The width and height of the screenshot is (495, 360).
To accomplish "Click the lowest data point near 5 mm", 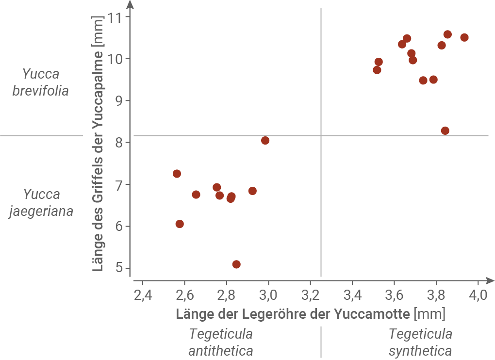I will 236,264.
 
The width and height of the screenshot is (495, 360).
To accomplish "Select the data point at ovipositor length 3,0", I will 265,141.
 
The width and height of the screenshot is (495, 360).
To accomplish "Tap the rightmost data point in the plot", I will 464,38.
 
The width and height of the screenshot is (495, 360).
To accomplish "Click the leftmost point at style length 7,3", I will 177,174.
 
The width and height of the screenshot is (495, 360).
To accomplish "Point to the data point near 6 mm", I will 180,224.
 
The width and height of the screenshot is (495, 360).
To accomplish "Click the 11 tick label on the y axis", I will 115,17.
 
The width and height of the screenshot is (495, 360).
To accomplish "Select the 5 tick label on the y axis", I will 119,268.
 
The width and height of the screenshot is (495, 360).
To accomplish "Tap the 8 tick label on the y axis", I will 119,143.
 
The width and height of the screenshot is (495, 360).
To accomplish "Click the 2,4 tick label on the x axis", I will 142,295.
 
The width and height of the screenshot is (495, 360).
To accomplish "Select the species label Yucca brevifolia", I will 41,82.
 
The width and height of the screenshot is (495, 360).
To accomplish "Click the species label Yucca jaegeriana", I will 41,203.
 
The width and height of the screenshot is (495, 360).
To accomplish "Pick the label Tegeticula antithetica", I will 221,343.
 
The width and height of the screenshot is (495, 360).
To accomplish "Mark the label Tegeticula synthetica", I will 420,343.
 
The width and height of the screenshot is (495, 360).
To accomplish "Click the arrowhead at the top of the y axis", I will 130,5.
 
